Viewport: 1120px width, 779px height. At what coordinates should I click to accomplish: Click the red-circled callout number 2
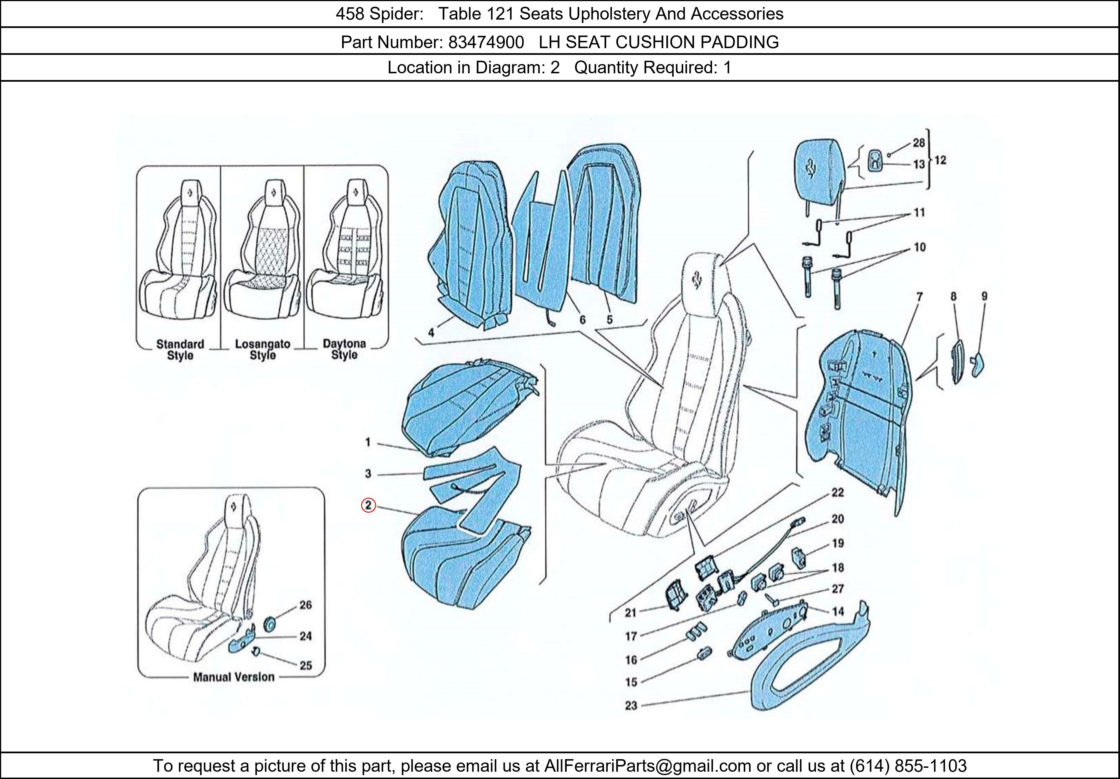(368, 506)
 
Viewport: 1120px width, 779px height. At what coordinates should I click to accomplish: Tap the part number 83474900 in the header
(486, 43)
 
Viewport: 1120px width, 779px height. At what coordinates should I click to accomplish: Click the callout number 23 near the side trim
(631, 705)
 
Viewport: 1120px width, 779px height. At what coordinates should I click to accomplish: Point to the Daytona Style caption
(344, 349)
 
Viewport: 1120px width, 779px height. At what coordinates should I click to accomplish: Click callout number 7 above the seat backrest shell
(920, 296)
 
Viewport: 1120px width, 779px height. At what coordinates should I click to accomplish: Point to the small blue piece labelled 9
(977, 366)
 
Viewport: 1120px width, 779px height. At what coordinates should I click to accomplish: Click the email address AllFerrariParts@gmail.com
(647, 766)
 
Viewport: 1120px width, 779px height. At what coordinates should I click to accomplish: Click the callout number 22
(837, 492)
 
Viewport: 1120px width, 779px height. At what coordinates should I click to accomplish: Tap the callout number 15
(631, 682)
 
